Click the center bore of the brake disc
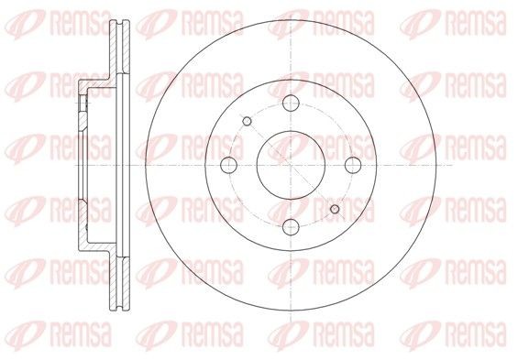coord(288,165)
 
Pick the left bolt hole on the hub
coord(229,165)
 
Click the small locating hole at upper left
coord(247,121)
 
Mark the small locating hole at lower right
coord(333,209)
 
